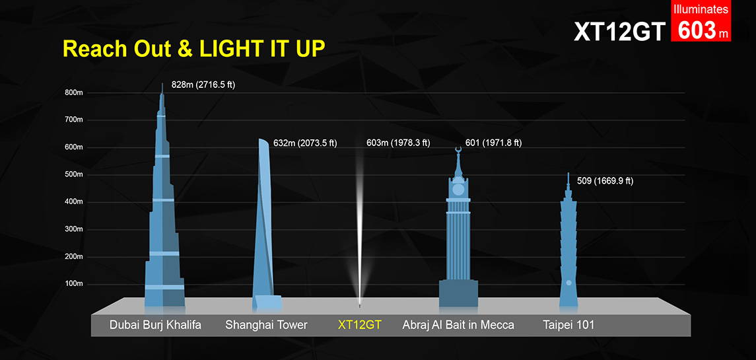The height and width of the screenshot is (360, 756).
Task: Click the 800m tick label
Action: tap(74, 92)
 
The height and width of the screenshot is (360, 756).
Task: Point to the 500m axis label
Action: tap(74, 174)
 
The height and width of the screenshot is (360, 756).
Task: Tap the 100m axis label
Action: tap(74, 284)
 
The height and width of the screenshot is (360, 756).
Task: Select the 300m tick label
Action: tap(74, 229)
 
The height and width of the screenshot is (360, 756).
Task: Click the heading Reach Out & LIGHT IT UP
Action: tap(194, 50)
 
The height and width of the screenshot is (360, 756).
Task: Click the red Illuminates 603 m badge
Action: tap(701, 20)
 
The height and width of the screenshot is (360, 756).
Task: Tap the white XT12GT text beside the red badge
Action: tap(619, 31)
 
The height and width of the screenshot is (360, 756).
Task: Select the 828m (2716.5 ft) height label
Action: tap(203, 86)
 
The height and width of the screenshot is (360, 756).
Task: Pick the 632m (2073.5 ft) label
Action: tap(305, 143)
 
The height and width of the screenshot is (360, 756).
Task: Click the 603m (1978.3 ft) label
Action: tap(397, 143)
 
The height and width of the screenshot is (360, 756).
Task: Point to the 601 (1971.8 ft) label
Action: tap(493, 143)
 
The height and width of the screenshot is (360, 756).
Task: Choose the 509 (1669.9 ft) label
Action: tap(605, 182)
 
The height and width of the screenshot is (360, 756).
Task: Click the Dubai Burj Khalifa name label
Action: tap(155, 325)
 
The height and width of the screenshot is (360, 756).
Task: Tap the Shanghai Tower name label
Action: tap(266, 325)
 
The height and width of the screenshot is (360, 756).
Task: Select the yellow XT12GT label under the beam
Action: tap(359, 325)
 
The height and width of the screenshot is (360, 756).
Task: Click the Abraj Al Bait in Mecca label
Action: tap(458, 325)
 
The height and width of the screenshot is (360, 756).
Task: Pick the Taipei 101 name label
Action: tap(569, 325)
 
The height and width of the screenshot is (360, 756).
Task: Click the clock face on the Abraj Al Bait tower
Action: tap(458, 190)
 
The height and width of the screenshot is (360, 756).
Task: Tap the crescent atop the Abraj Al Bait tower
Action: tap(458, 150)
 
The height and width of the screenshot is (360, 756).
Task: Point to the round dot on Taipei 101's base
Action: tap(568, 282)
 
